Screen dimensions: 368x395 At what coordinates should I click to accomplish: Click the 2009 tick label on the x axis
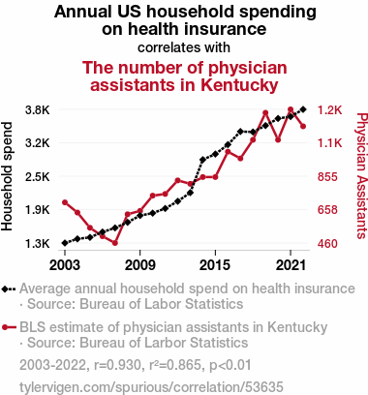pos(139,265)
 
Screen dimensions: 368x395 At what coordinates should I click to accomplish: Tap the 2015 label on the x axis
pos(215,265)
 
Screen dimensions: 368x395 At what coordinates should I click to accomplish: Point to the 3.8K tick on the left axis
pos(38,110)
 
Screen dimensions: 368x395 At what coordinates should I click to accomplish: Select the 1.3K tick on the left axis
pos(38,244)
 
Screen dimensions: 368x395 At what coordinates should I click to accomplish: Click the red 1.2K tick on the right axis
pos(329,110)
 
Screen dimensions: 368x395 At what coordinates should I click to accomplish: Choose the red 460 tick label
pos(327,244)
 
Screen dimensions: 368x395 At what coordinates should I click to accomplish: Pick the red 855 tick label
pos(327,177)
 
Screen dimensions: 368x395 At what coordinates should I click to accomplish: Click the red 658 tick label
pos(327,210)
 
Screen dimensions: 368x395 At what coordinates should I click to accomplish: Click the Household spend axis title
pos(7,176)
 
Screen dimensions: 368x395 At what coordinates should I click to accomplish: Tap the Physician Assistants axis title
pos(362,176)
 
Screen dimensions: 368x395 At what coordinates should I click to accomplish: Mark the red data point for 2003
pos(65,202)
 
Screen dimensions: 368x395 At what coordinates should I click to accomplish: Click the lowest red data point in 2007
pos(115,243)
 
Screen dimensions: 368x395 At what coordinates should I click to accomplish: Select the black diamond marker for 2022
pos(303,109)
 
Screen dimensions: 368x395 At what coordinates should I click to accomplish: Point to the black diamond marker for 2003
pos(65,243)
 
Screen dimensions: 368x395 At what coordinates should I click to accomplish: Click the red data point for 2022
pos(303,127)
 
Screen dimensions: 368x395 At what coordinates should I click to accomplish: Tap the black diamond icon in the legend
pos(6,289)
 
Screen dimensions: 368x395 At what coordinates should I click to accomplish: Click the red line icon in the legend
pos(9,327)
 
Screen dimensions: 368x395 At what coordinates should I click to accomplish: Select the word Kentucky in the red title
pos(239,85)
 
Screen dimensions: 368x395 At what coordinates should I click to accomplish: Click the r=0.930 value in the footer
pos(117,365)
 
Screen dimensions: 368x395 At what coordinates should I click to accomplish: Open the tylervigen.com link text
pos(151,386)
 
